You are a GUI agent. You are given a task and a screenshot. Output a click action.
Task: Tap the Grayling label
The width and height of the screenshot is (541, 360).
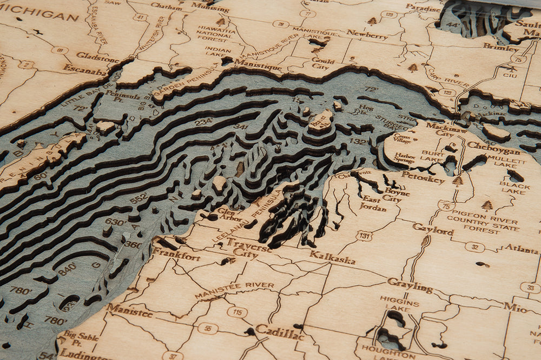pyautogui.click(x=410, y=286)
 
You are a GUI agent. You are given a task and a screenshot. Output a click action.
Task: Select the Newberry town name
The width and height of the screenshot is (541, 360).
pyautogui.click(x=367, y=35)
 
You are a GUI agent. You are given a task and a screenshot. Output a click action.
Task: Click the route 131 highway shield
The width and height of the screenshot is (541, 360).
pyautogui.click(x=364, y=235)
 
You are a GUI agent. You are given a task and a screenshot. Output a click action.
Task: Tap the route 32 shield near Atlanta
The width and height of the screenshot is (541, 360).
pyautogui.click(x=474, y=246)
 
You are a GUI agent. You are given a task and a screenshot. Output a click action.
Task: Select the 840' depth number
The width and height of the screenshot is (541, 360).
pyautogui.click(x=68, y=269)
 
